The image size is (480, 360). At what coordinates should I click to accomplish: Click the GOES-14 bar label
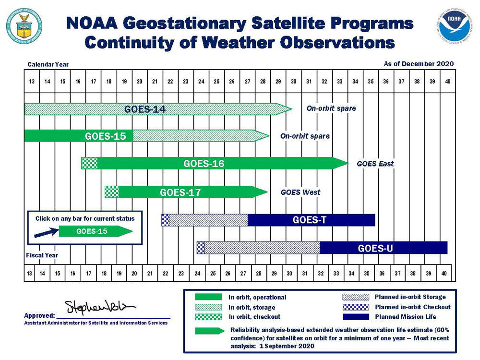tap(144, 109)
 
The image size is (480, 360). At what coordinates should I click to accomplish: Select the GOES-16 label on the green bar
tap(204, 164)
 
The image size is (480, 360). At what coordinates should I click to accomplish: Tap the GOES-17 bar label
tap(180, 192)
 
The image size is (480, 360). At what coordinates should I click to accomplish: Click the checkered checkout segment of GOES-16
tap(90, 163)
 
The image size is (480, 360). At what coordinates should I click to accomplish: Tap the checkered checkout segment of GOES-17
tap(112, 192)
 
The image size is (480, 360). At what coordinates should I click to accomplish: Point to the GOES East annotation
tap(375, 164)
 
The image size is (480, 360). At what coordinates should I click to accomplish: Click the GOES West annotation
tap(300, 192)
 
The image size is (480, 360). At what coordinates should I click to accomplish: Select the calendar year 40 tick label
tap(447, 82)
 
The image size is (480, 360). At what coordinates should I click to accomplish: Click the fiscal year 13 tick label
tap(30, 273)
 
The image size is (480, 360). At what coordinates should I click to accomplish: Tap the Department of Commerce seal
tap(24, 24)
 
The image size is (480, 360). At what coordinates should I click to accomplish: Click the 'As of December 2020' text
tap(418, 64)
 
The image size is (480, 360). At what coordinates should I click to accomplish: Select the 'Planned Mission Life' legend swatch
tap(355, 317)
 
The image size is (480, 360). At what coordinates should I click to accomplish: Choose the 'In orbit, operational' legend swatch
tap(208, 297)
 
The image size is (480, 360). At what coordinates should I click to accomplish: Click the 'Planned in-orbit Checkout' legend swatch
tap(355, 307)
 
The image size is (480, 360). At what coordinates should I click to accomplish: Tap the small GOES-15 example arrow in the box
tap(95, 231)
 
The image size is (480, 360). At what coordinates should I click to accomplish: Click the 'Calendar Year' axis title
tap(48, 64)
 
